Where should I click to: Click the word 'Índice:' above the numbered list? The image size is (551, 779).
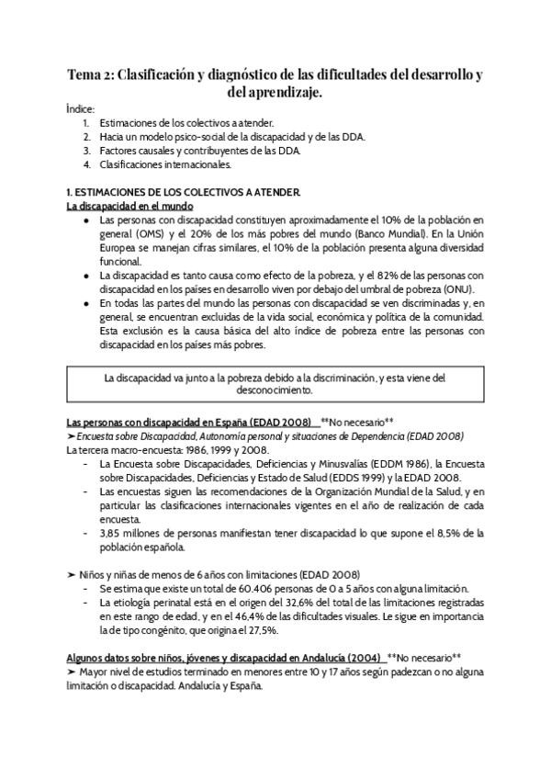point(80,108)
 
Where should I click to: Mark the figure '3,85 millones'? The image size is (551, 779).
point(135,533)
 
